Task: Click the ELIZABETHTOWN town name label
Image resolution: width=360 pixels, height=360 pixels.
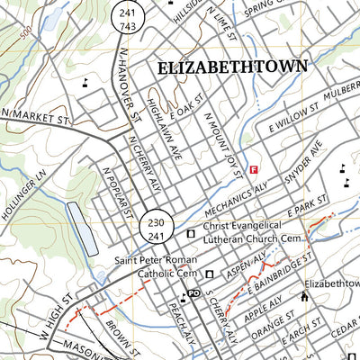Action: point(232,67)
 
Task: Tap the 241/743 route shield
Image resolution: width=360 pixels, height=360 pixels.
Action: point(126,18)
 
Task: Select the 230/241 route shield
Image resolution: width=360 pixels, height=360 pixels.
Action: point(154,228)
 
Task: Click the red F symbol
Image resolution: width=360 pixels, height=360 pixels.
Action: point(254,168)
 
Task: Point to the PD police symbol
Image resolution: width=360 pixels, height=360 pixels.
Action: point(192,294)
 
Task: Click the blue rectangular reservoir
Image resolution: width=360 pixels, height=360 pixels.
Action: point(81,227)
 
